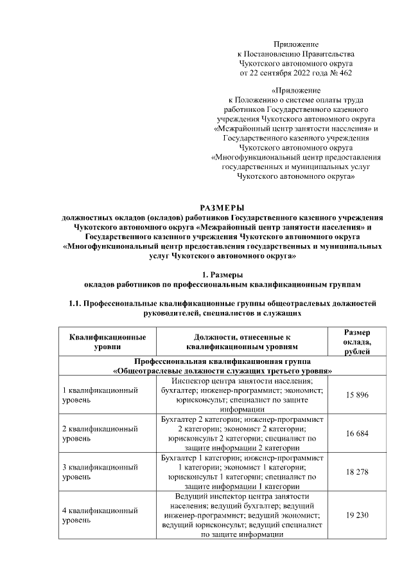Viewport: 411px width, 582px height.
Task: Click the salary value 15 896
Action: tap(357, 395)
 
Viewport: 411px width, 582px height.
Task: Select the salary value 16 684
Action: tap(357, 434)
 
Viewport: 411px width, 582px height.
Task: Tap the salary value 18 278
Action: tap(357, 473)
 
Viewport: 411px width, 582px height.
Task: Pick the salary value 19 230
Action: tap(357, 515)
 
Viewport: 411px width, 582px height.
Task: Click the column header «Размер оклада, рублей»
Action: tap(357, 341)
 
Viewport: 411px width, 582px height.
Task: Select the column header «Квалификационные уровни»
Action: tap(107, 341)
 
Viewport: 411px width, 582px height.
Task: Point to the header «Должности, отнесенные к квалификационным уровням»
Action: tap(242, 341)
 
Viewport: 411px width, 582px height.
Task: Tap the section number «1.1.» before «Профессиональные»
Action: tap(77, 303)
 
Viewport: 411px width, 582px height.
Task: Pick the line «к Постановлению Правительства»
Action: tap(295, 54)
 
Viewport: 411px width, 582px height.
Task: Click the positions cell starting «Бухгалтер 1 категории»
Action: tap(242, 473)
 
